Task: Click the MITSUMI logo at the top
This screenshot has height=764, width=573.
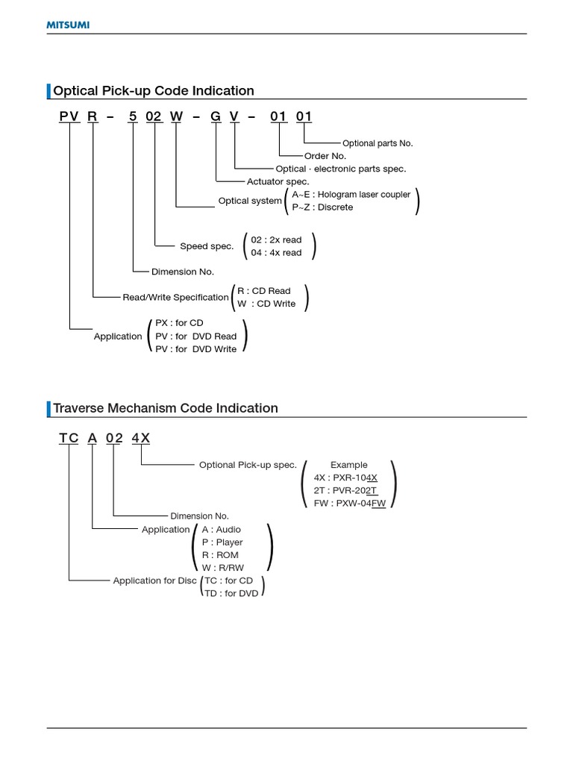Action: click(x=69, y=25)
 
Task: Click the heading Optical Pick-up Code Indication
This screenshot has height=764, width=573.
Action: click(x=154, y=91)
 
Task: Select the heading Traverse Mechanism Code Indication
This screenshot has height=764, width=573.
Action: click(x=166, y=408)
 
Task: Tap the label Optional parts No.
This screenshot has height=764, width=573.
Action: click(x=377, y=143)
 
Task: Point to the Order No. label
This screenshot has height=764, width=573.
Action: click(x=325, y=156)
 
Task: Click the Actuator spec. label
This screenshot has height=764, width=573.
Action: click(x=278, y=181)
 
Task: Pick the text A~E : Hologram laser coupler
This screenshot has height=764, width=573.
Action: click(x=351, y=195)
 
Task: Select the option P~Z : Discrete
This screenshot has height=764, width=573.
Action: click(x=323, y=207)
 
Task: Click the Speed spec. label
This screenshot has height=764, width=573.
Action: click(x=207, y=246)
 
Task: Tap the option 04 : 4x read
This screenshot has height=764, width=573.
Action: click(x=276, y=253)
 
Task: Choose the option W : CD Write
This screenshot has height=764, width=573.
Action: click(x=266, y=304)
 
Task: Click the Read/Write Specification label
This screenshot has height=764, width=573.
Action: click(x=175, y=297)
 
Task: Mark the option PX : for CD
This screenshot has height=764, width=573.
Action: click(x=179, y=323)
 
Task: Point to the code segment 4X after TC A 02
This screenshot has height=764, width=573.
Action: click(x=141, y=438)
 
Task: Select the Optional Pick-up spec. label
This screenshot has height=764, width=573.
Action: click(x=248, y=465)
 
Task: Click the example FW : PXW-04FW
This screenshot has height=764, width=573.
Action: click(x=350, y=504)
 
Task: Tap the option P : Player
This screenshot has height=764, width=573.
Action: click(x=222, y=542)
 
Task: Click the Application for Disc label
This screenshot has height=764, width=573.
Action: click(x=155, y=580)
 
